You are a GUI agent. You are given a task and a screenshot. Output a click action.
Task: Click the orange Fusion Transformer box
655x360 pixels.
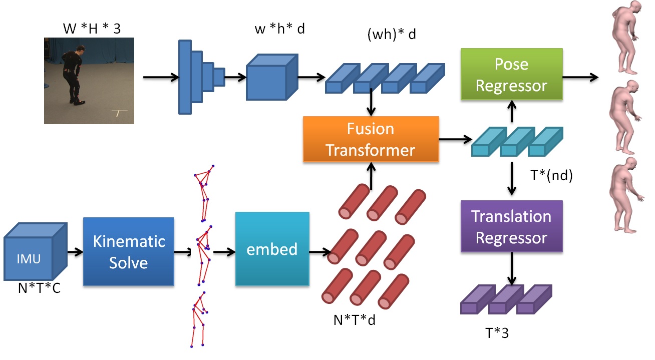(371, 139)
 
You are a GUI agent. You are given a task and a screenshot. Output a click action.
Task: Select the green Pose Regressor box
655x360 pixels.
(511, 75)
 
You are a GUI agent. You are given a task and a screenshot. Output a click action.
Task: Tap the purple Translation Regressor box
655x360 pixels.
(511, 226)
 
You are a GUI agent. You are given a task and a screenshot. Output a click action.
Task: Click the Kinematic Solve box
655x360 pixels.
(128, 251)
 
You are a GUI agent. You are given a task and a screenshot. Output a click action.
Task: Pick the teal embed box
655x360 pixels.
(272, 249)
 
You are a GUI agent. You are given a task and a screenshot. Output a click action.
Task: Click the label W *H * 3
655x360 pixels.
(92, 29)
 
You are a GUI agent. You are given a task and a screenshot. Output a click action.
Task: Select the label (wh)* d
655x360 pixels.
(392, 35)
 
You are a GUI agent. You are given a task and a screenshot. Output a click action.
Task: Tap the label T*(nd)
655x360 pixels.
(551, 175)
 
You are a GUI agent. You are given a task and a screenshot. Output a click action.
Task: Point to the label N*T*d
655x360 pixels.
(355, 319)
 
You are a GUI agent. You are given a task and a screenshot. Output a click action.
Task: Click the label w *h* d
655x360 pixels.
(280, 29)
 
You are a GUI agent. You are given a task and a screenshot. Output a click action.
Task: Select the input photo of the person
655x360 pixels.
(89, 80)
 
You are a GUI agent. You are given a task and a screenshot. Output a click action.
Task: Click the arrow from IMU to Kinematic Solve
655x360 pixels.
(75, 252)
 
